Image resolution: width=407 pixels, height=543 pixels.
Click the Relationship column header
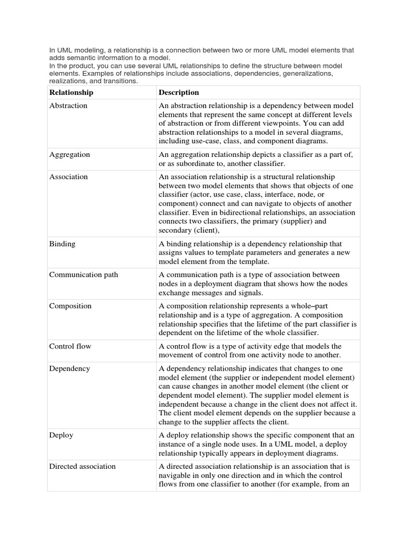click(x=71, y=93)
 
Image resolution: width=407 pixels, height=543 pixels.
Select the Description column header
click(x=179, y=93)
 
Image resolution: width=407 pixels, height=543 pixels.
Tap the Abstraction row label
click(x=68, y=106)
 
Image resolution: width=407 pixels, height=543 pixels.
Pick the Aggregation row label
click(x=69, y=155)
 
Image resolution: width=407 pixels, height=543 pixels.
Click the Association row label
click(x=68, y=177)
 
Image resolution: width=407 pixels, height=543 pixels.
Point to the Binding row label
click(x=62, y=244)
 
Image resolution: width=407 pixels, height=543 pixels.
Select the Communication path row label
click(x=83, y=275)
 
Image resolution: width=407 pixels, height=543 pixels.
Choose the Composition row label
click(x=70, y=306)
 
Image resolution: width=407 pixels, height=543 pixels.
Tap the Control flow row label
click(x=70, y=346)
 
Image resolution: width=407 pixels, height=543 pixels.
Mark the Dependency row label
click(x=69, y=369)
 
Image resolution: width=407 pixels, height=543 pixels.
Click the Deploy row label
click(x=61, y=435)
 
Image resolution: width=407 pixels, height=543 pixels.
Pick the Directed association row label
click(x=82, y=467)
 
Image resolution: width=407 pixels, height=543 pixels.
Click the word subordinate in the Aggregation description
click(x=194, y=164)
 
